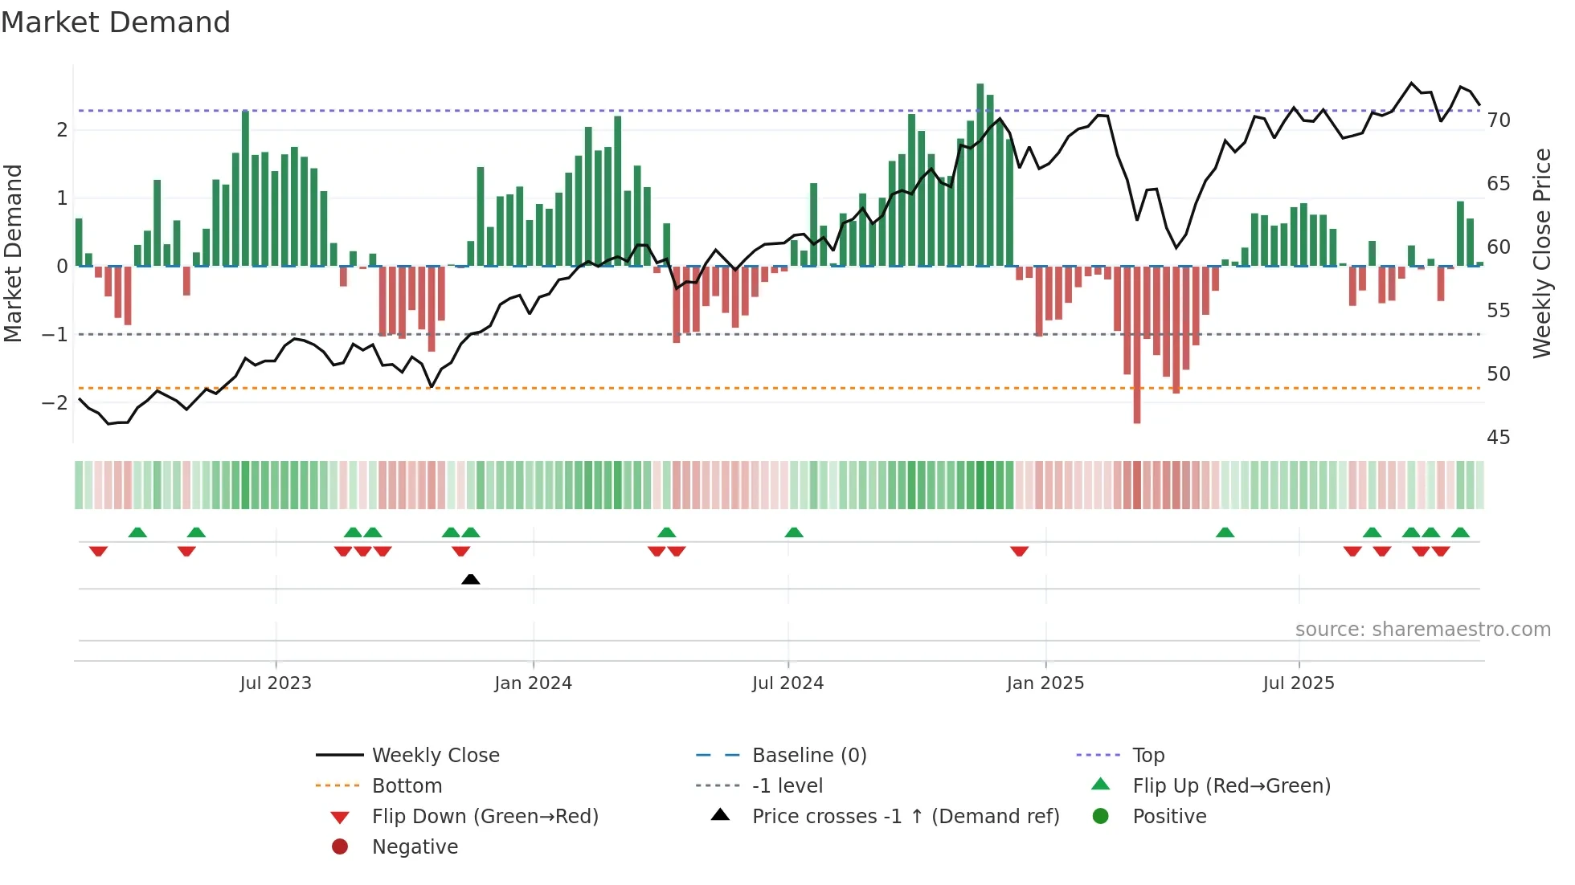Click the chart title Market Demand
pyautogui.click(x=116, y=22)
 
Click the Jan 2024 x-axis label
pyautogui.click(x=533, y=683)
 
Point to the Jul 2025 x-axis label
pyautogui.click(x=1298, y=683)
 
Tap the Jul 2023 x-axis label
pyautogui.click(x=276, y=683)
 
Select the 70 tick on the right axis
pyautogui.click(x=1499, y=120)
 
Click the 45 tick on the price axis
pyautogui.click(x=1499, y=438)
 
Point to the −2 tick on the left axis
pyautogui.click(x=55, y=402)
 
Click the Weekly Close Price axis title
pyautogui.click(x=1541, y=253)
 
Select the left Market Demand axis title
pyautogui.click(x=13, y=253)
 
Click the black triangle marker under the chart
pyautogui.click(x=471, y=579)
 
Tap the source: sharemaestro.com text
pyautogui.click(x=1422, y=630)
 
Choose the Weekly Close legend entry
pyautogui.click(x=435, y=756)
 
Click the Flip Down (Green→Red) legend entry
pyautogui.click(x=485, y=817)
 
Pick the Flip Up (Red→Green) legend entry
pyautogui.click(x=1231, y=786)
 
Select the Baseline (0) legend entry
pyautogui.click(x=808, y=756)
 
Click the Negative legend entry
pyautogui.click(x=415, y=847)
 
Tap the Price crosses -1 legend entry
pyautogui.click(x=905, y=817)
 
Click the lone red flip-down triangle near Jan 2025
pyautogui.click(x=1019, y=551)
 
